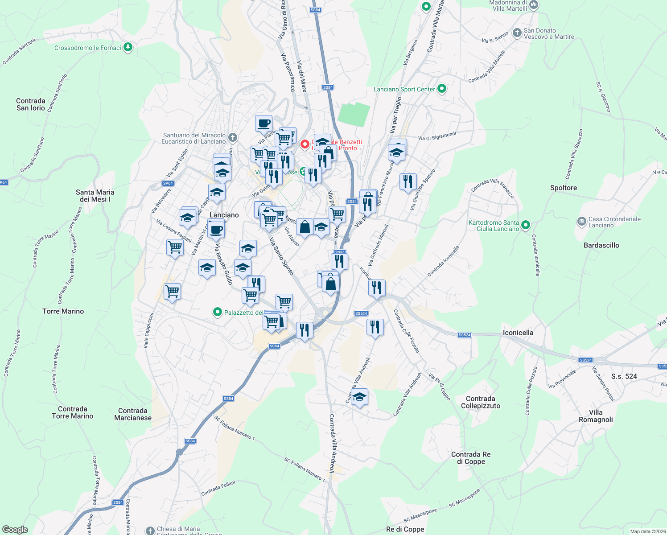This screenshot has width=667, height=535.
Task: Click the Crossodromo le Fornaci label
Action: [x=88, y=48]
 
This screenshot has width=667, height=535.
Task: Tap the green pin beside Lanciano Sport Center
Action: [x=442, y=89]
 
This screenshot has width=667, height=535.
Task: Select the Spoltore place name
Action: [x=564, y=188]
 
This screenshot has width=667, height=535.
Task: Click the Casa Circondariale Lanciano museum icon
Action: [x=581, y=221]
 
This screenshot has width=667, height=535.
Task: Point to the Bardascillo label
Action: [x=601, y=245]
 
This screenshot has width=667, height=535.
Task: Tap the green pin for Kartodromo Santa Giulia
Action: [x=526, y=225]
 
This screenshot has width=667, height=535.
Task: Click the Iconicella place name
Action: [x=518, y=333]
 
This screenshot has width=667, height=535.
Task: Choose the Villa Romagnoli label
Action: [x=596, y=416]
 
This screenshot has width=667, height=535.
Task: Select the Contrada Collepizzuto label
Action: [x=481, y=402]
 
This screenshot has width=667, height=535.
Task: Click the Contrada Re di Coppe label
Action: [x=471, y=458]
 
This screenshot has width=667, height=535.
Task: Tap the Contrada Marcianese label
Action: [x=133, y=414]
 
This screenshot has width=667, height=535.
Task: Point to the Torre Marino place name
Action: [x=63, y=311]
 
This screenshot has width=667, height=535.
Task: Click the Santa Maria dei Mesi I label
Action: [x=95, y=196]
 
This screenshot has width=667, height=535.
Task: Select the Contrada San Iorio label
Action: [x=31, y=104]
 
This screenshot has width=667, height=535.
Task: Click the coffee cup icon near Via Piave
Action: [x=264, y=123]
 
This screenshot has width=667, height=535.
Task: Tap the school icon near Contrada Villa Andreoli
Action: [x=359, y=396]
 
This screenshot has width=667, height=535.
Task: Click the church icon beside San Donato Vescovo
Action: [x=517, y=33]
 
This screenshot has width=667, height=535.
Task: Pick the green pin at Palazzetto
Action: [x=218, y=312]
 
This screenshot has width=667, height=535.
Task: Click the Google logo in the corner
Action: [x=15, y=530]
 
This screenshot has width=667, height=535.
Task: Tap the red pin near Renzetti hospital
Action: [x=305, y=144]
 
